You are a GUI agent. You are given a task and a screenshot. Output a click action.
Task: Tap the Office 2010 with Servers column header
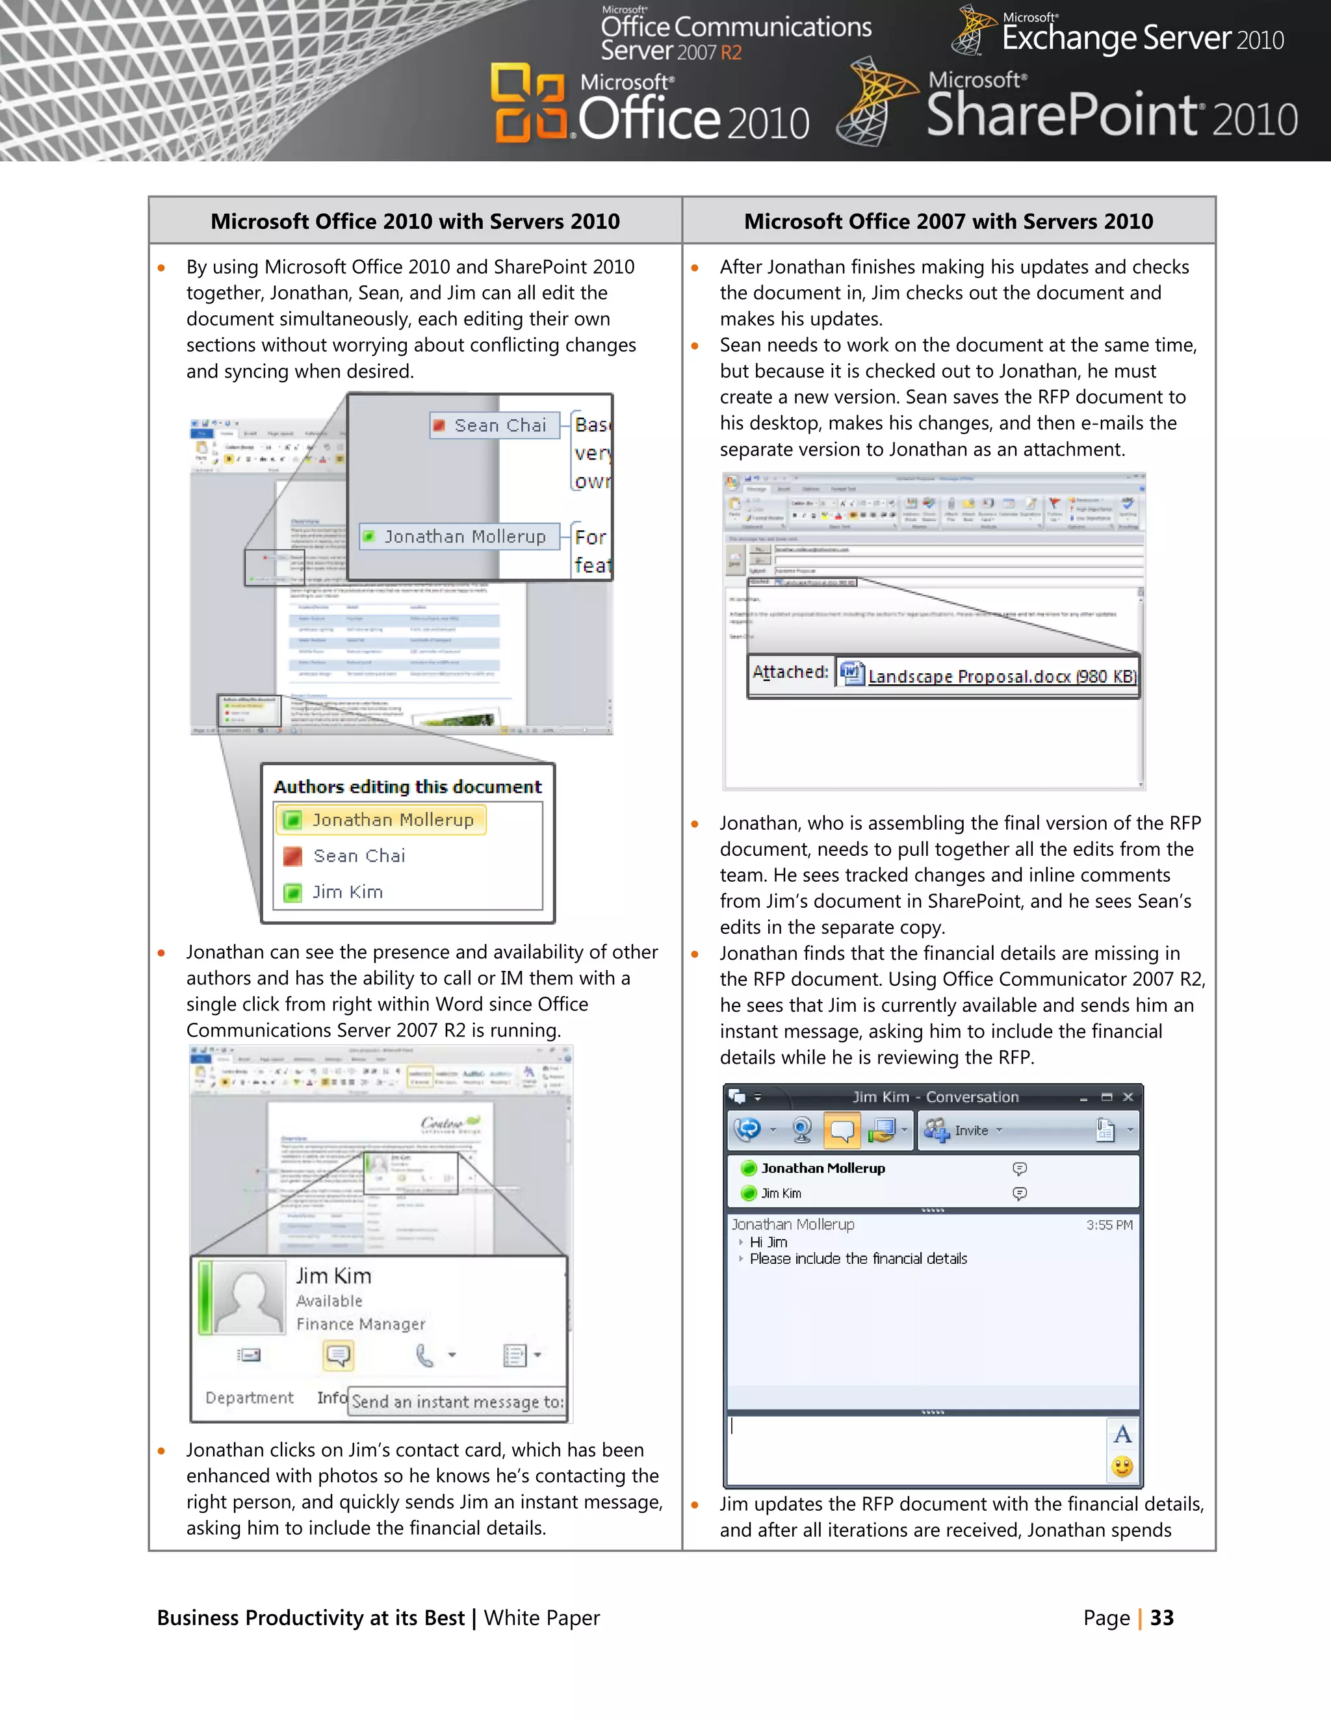[415, 222]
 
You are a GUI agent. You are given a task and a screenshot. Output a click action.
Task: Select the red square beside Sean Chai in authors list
[292, 856]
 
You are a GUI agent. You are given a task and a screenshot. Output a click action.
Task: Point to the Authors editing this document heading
[407, 787]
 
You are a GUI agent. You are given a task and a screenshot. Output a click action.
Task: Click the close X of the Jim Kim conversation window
[1128, 1097]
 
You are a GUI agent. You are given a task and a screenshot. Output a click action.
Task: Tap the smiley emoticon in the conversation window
[1122, 1467]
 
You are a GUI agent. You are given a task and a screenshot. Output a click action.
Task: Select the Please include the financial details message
[858, 1259]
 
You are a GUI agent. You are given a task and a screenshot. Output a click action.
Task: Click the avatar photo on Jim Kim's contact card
[248, 1297]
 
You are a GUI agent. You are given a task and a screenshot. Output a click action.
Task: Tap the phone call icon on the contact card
[424, 1356]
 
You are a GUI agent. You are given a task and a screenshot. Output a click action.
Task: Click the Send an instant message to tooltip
[458, 1402]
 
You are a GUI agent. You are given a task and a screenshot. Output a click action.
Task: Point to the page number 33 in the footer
[1161, 1618]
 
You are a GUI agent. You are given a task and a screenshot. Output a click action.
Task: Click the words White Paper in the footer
[542, 1618]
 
